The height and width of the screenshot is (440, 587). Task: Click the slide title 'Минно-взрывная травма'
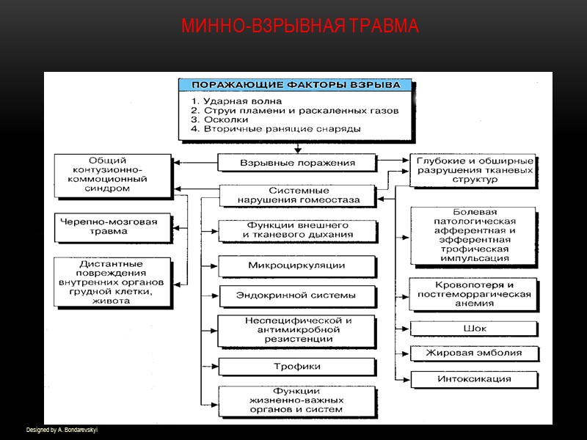coord(299,26)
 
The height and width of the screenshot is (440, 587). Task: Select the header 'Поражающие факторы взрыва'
coord(296,84)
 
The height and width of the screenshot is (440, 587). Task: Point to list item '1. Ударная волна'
coord(236,100)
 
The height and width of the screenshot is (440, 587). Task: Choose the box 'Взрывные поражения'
coord(298,163)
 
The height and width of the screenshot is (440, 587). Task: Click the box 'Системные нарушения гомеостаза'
coord(298,195)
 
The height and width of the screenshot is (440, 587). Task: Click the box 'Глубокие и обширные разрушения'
coord(473,170)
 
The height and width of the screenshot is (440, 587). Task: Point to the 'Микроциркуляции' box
coord(297,265)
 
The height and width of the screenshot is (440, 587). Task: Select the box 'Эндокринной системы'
coord(297,296)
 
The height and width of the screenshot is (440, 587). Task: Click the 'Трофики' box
coord(297,366)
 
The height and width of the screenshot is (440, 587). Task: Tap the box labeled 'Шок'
coord(474,329)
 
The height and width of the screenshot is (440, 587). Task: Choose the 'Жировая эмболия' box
coord(474,353)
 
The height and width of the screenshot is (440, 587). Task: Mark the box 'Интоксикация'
coord(474,379)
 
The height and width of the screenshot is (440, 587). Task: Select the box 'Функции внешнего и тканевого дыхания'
coord(297,230)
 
